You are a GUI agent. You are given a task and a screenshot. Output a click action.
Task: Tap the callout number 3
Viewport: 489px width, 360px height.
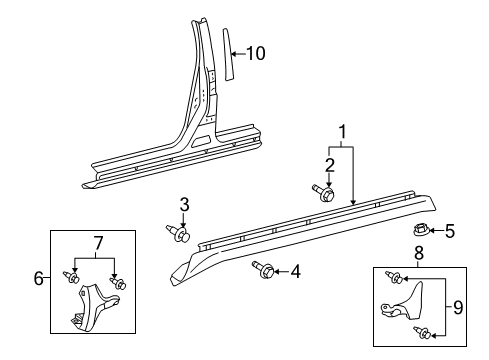pyautogui.click(x=184, y=205)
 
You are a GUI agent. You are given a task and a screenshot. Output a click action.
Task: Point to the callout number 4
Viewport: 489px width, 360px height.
pyautogui.click(x=295, y=270)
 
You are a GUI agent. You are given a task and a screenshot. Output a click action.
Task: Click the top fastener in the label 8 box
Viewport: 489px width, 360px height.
pyautogui.click(x=394, y=277)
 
